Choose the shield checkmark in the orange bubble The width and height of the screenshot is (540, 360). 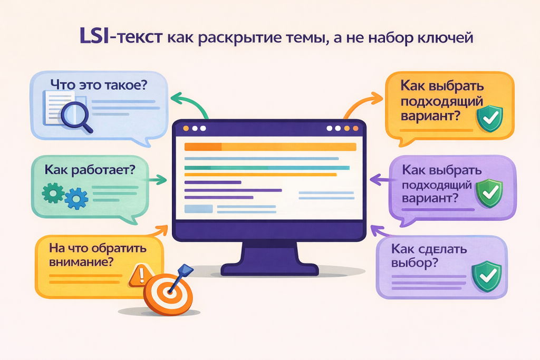pyautogui.click(x=489, y=118)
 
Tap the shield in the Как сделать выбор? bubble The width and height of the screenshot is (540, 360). pyautogui.click(x=484, y=276)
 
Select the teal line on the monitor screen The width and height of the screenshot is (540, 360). pyautogui.click(x=266, y=168)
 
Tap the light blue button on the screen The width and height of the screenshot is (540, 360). pyautogui.click(x=198, y=209)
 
